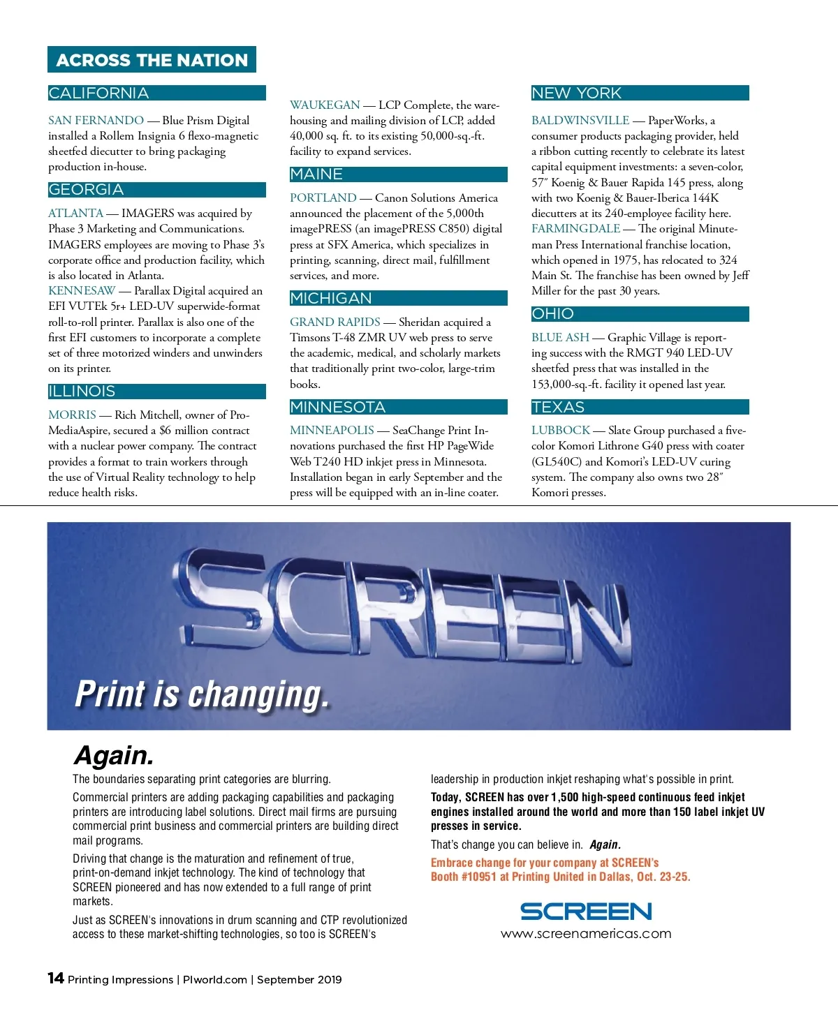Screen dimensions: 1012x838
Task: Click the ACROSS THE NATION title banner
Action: coord(152,60)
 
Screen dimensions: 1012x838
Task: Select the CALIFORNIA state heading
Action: coord(98,94)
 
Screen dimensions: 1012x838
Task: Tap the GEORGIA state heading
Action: coord(86,190)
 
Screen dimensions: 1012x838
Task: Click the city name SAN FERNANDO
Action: coord(96,121)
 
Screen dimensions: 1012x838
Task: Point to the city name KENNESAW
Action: coord(82,291)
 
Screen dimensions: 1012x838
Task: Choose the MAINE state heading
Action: coord(316,174)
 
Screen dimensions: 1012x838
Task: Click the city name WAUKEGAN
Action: coord(325,105)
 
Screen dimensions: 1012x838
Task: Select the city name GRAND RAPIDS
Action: coord(335,322)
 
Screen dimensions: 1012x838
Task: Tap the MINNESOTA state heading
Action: coord(337,408)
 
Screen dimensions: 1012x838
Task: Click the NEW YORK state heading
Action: coord(576,94)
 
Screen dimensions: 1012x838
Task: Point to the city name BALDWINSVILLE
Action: coord(580,121)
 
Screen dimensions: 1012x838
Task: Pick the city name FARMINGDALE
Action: coord(575,229)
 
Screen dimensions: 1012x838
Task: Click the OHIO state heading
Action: coord(552,314)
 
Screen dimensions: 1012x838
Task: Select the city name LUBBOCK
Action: coord(561,431)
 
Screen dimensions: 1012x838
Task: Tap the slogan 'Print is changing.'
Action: coord(201,695)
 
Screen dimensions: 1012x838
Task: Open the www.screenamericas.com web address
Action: coord(586,934)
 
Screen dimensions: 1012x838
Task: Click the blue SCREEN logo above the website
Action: coord(586,911)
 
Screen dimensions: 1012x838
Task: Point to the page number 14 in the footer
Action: coord(56,978)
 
